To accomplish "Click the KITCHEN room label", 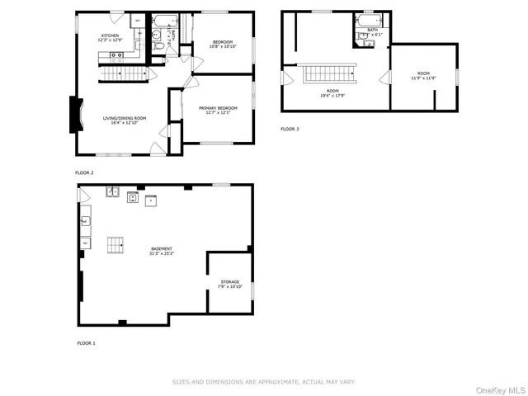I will coord(110,35).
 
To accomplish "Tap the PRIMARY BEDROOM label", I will coord(218,108).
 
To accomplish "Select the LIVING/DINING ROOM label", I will coord(125,118).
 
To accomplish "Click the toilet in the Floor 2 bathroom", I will coord(158,46).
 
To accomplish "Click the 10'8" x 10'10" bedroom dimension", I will coord(223,46).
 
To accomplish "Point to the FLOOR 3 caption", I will coord(290,130).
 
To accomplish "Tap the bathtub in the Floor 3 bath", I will coord(368,20).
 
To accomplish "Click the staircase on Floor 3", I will coord(331,74).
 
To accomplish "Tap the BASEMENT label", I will coord(162,248).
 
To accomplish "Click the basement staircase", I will coord(115,244).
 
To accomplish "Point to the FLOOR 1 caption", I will coord(86,342).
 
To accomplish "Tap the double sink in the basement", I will coord(112,193).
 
